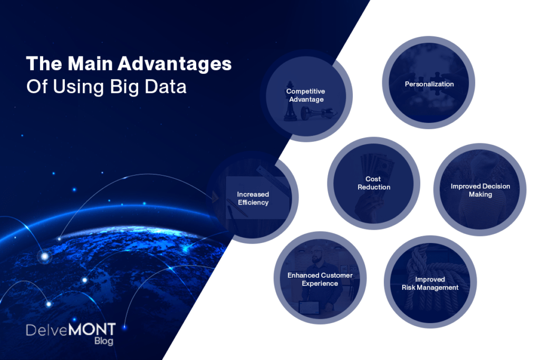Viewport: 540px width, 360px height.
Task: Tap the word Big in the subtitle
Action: pos(124,87)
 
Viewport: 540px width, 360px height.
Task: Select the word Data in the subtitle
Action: pos(166,87)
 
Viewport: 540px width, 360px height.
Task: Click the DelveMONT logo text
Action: pos(71,329)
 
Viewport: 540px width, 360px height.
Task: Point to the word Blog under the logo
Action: pos(104,340)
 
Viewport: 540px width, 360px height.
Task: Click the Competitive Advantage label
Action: pos(306,95)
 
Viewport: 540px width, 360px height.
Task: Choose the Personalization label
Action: pos(429,84)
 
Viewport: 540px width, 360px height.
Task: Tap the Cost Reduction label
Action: pos(374,183)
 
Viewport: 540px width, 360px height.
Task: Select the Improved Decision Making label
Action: pos(480,190)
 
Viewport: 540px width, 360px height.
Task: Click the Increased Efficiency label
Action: pos(253,199)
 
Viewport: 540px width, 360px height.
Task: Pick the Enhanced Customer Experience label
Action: pos(320,279)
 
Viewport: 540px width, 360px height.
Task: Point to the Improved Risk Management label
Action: pos(430,284)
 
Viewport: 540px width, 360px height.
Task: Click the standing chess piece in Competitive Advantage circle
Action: pos(290,102)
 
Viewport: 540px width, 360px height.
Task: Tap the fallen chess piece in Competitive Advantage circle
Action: pos(317,113)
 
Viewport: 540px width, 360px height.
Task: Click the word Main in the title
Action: pos(90,64)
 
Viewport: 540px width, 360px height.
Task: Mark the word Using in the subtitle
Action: pos(78,87)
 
